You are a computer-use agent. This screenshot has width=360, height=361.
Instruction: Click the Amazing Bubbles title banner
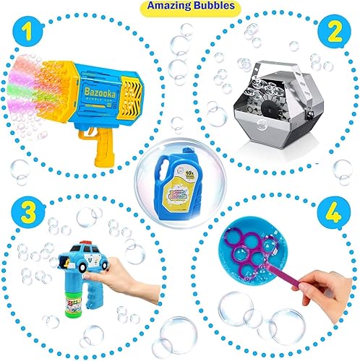click(179, 6)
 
